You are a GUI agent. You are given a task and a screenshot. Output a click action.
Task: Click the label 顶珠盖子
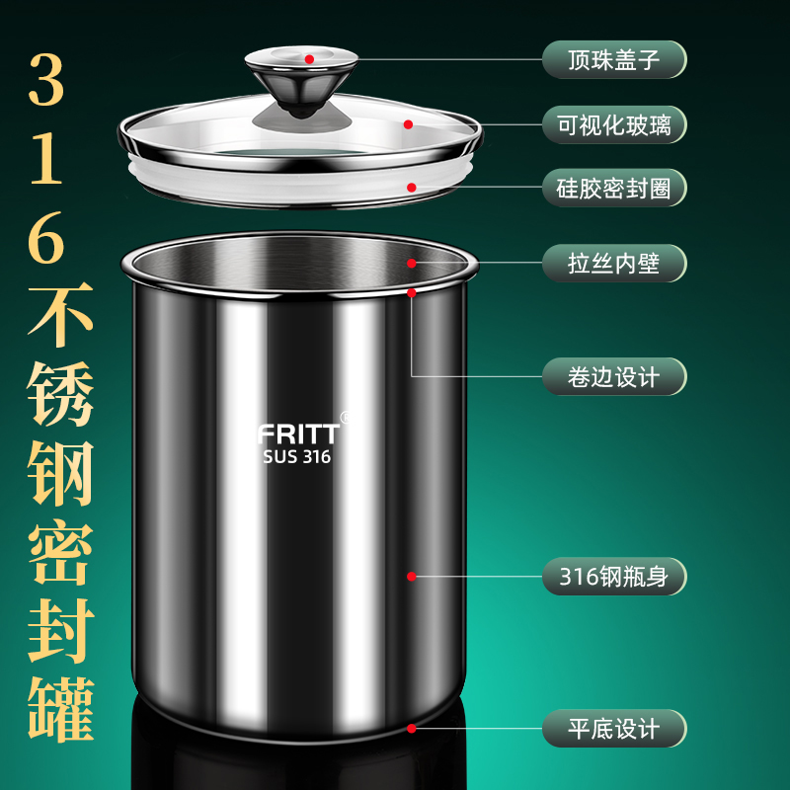(613, 59)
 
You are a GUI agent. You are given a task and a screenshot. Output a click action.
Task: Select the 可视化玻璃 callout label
(613, 124)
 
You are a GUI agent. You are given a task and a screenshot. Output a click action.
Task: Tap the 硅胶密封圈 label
(613, 187)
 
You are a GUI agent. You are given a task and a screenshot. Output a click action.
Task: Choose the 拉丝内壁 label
(613, 263)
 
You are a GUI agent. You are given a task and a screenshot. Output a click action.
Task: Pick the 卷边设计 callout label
(613, 376)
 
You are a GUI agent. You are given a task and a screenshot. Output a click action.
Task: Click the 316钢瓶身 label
(613, 576)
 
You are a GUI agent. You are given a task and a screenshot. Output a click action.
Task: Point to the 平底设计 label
(613, 729)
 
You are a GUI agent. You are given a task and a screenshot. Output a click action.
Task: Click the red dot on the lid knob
(309, 59)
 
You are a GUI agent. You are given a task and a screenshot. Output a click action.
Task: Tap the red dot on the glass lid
(407, 124)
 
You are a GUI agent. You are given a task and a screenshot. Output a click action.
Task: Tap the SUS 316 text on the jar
(297, 457)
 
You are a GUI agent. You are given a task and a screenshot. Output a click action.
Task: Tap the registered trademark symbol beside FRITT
(344, 418)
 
